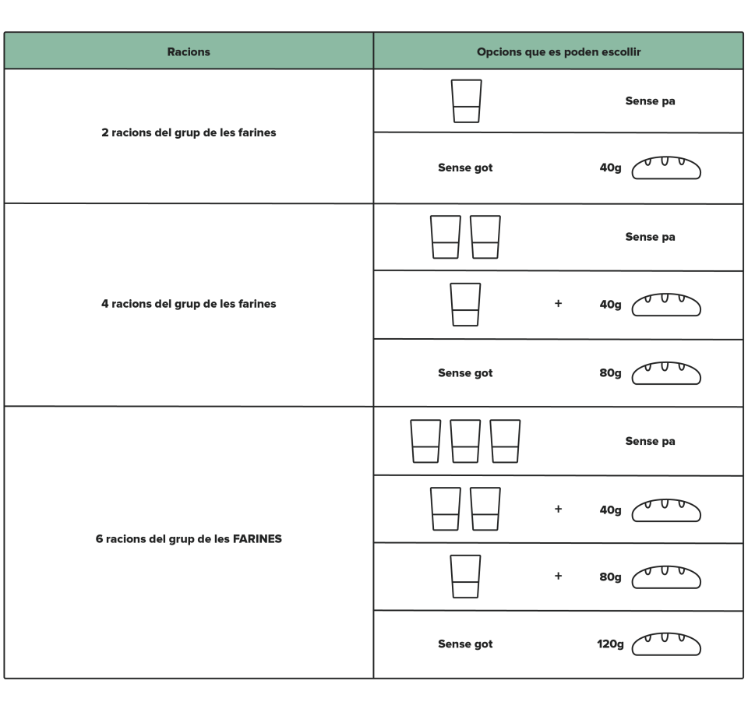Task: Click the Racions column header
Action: coord(189,51)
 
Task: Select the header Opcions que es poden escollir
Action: coord(559,51)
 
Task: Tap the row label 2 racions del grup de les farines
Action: coord(189,132)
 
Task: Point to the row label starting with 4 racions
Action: coord(189,304)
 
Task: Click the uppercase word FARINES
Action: coord(257,538)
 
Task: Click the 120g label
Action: coord(610,644)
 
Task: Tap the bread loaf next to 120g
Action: coord(666,644)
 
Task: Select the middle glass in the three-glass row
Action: coord(465,441)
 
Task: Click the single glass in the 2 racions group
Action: coord(466,101)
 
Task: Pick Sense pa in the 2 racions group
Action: coord(650,101)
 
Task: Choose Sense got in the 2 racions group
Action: coord(465,168)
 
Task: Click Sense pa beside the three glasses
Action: coord(650,441)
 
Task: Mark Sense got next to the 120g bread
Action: coord(465,644)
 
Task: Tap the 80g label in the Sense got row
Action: coord(610,373)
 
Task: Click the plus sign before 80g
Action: coord(558,576)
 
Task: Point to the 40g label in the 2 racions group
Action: coord(610,168)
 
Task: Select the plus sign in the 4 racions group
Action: coord(558,303)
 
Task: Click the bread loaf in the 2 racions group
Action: coord(666,168)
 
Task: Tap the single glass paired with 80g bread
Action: coord(465,577)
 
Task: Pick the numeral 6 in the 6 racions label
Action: coord(99,538)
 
